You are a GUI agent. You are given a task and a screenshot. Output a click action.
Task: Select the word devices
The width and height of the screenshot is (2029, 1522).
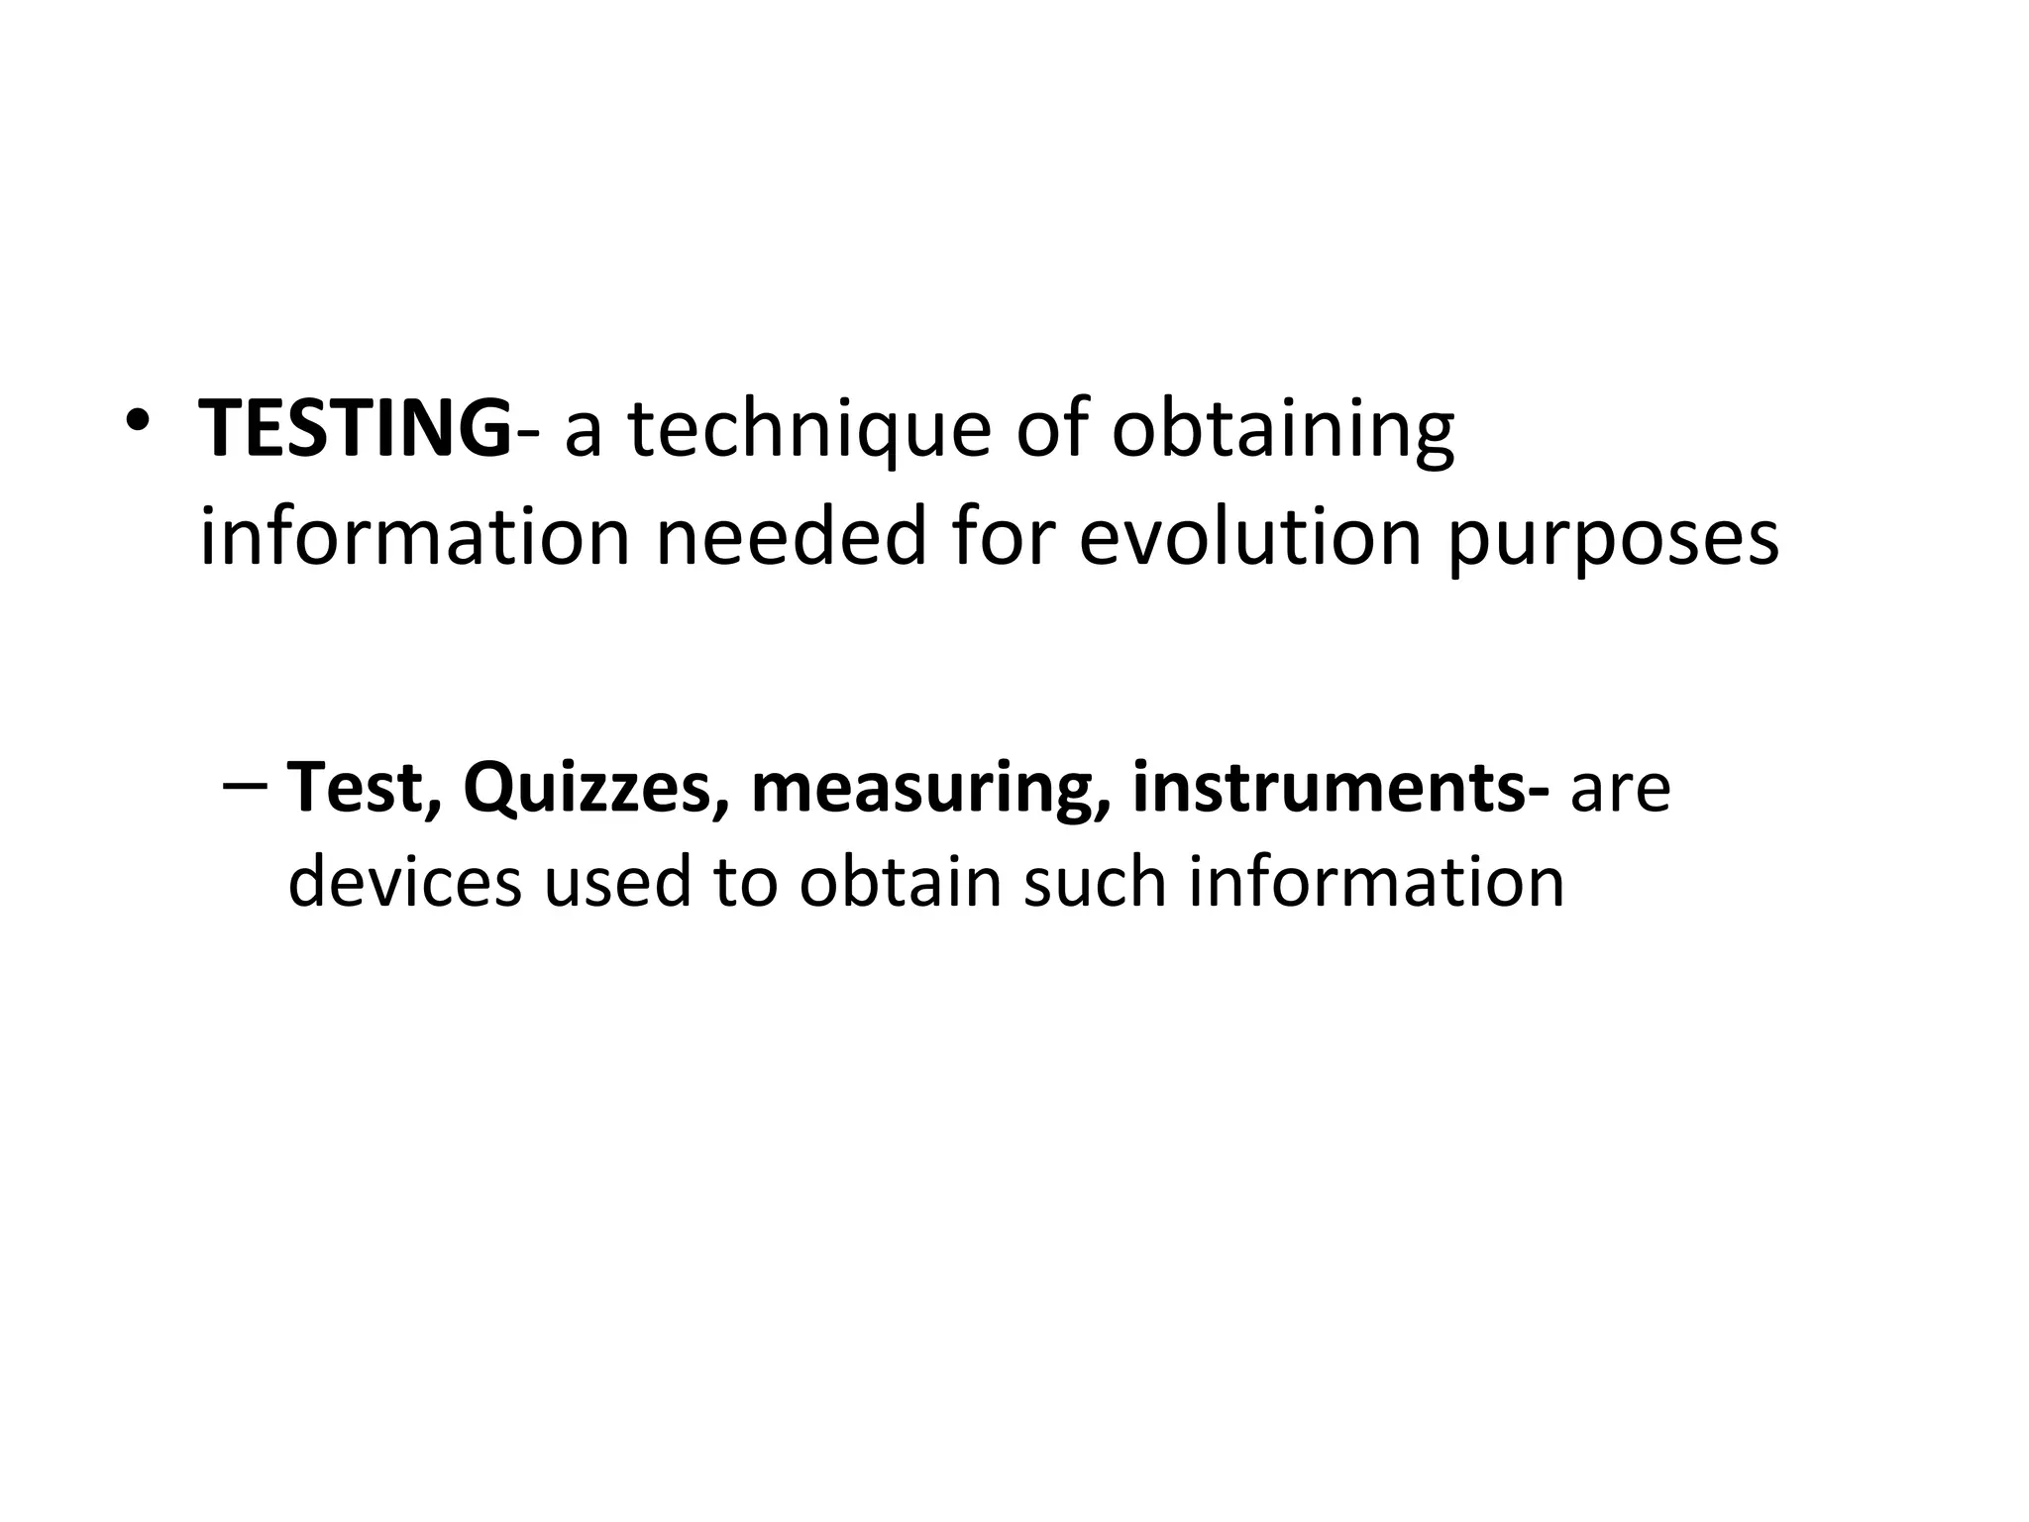[x=404, y=881]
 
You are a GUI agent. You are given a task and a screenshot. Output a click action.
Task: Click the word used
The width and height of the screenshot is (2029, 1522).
[x=617, y=881]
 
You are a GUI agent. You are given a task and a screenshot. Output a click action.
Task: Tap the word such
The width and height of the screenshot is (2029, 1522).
[x=1095, y=881]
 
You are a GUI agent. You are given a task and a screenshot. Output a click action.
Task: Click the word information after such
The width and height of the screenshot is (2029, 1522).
[x=1376, y=881]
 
